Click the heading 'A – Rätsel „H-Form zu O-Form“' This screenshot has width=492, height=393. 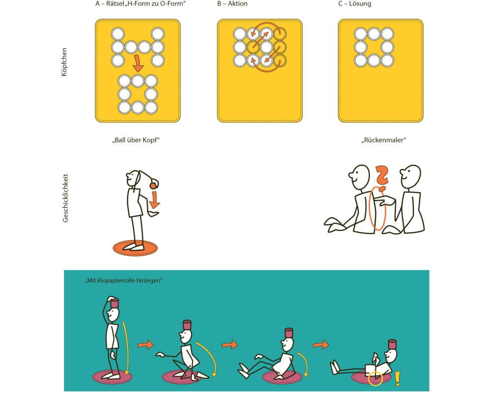coord(141,4)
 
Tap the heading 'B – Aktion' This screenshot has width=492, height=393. coord(232,4)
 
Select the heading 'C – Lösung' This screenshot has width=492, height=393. coord(355,4)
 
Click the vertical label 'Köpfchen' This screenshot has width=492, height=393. coord(64,62)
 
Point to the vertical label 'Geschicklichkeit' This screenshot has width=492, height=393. coord(65,198)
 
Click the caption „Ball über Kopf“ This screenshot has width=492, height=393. coord(136,140)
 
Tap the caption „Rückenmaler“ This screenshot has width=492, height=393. coord(383,140)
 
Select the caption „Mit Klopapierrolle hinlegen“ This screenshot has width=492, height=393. coord(123,281)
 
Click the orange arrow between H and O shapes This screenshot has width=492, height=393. coord(137,63)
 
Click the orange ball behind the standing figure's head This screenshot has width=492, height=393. coord(153,186)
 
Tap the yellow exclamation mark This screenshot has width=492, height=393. coord(398,378)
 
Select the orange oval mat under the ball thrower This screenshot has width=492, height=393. coord(135,248)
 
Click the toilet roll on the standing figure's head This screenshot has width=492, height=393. coord(115,303)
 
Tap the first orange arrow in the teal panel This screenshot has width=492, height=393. coord(145,345)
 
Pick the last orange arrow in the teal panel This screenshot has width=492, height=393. coord(321,344)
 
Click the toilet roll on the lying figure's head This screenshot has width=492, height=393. coord(392,344)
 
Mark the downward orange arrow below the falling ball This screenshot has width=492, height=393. coord(154,200)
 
